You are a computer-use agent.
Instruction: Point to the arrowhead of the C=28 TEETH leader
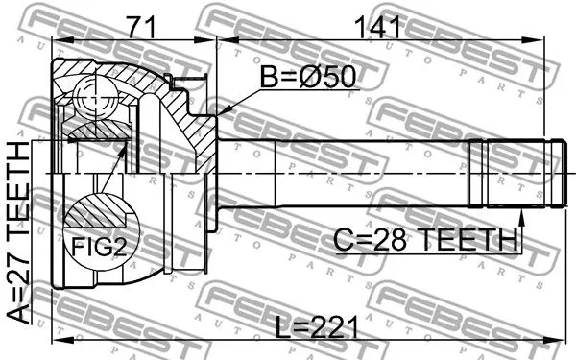[518, 213]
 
